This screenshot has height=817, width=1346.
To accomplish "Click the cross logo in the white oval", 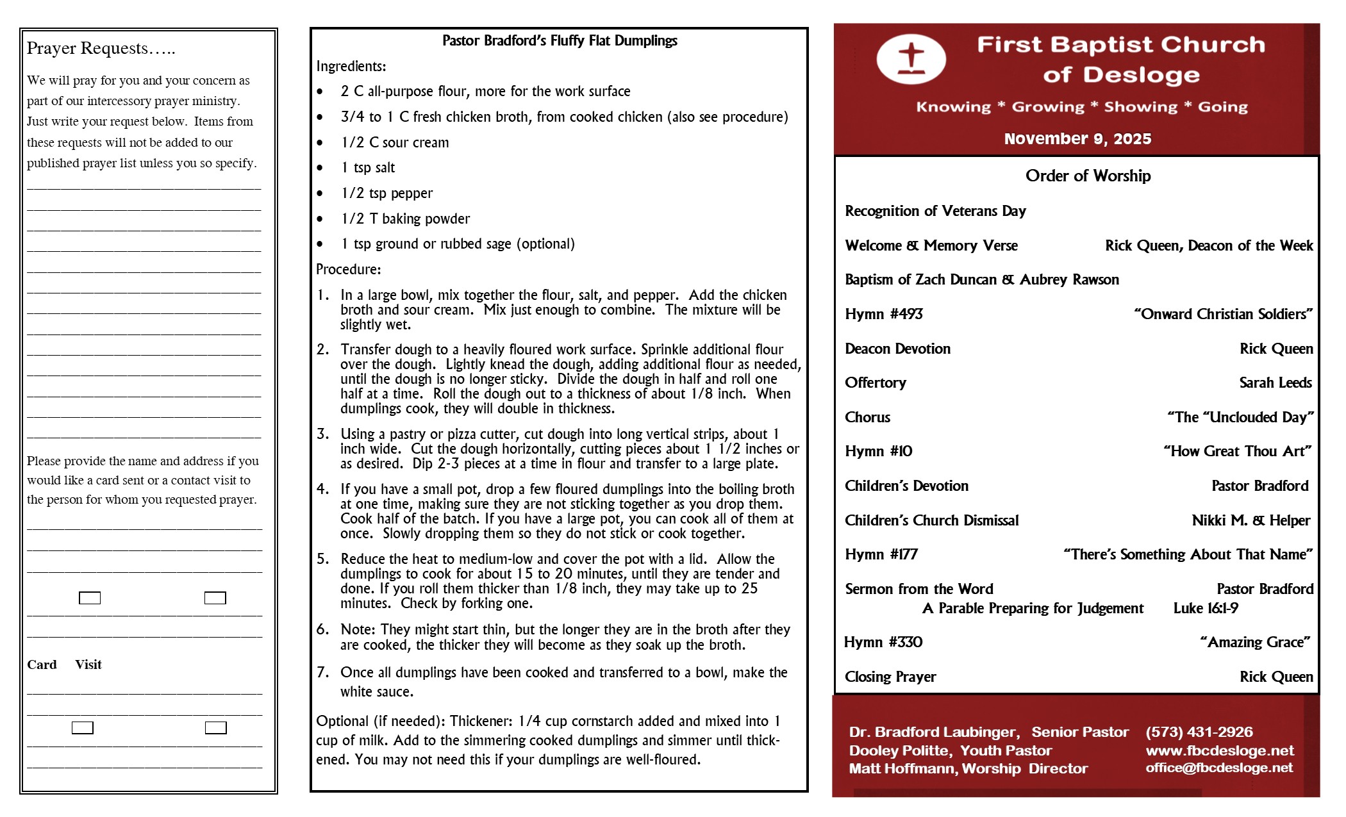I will pos(911,59).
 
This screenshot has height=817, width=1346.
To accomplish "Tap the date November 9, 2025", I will pos(1077,138).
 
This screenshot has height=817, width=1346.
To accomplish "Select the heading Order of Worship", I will pos(1088,176).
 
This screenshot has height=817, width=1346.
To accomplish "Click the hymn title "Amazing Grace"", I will pos(1255,642).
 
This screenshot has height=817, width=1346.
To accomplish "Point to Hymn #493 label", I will pos(883,314).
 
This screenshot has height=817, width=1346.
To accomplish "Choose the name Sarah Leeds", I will pos(1275,383).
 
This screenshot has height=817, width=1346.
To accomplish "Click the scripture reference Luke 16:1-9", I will pos(1206,608).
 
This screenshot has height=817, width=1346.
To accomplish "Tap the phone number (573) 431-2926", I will pos(1199,732).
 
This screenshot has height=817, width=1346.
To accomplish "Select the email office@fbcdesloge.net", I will pos(1219,768).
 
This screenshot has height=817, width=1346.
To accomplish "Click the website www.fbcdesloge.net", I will pos(1219,750).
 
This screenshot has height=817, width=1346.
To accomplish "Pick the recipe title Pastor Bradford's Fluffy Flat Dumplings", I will pos(560,41).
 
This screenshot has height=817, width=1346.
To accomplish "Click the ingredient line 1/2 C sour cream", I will pos(395,142).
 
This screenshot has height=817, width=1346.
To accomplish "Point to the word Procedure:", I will pos(348,269).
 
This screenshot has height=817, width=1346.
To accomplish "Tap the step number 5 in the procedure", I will pos(322,559).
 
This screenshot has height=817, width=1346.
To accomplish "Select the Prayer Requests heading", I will pos(101,48).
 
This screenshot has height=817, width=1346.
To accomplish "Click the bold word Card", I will pos(42,664).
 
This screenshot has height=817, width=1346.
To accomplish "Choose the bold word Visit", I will pos(88,664).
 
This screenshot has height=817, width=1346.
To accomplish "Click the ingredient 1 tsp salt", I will pos(368,168).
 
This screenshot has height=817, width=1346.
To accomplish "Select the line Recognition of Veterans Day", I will pos(935,211).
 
